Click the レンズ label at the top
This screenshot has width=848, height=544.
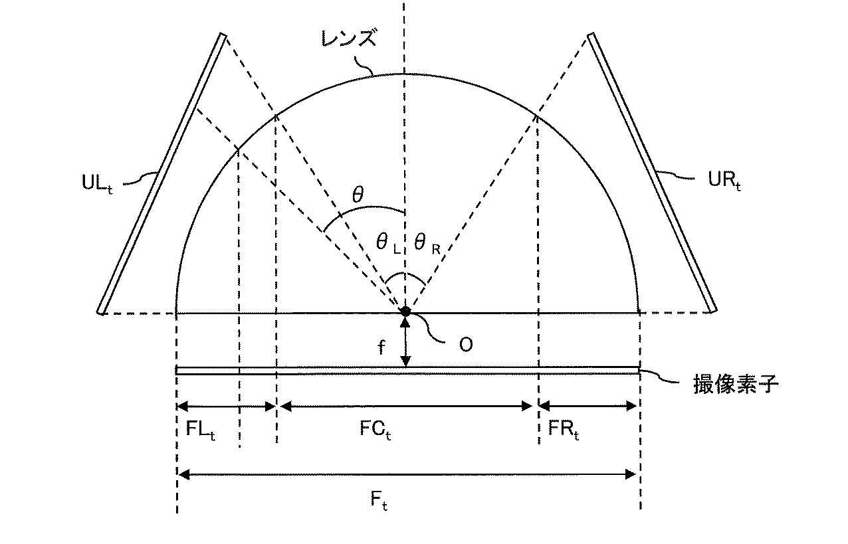(x=349, y=39)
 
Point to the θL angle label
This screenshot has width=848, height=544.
(x=388, y=243)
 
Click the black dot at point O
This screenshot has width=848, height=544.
(x=405, y=311)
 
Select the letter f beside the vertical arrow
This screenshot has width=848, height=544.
(x=381, y=348)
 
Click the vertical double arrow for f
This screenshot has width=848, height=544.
(x=405, y=342)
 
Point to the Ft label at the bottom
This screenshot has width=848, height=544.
(x=379, y=501)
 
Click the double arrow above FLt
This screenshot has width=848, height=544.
(x=226, y=406)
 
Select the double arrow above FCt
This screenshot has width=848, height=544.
(x=406, y=406)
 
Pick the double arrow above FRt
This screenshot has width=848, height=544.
(x=587, y=406)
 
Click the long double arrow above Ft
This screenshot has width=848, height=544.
(x=407, y=474)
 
